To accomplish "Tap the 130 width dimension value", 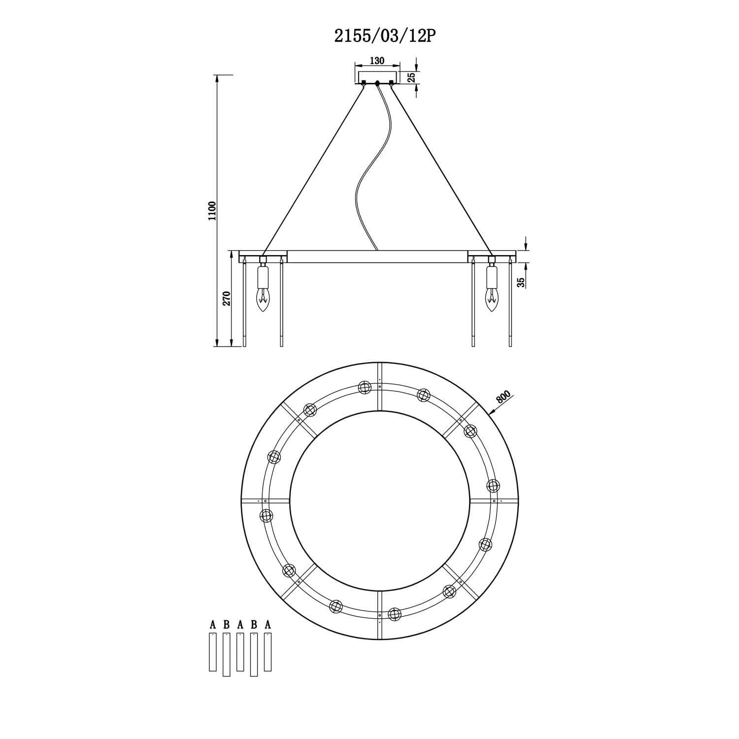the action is pyautogui.click(x=377, y=61).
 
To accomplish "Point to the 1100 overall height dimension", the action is pyautogui.click(x=212, y=210).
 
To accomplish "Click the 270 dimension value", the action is pyautogui.click(x=227, y=299).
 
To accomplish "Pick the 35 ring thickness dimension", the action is pyautogui.click(x=521, y=282).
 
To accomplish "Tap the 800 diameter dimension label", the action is pyautogui.click(x=504, y=397).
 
